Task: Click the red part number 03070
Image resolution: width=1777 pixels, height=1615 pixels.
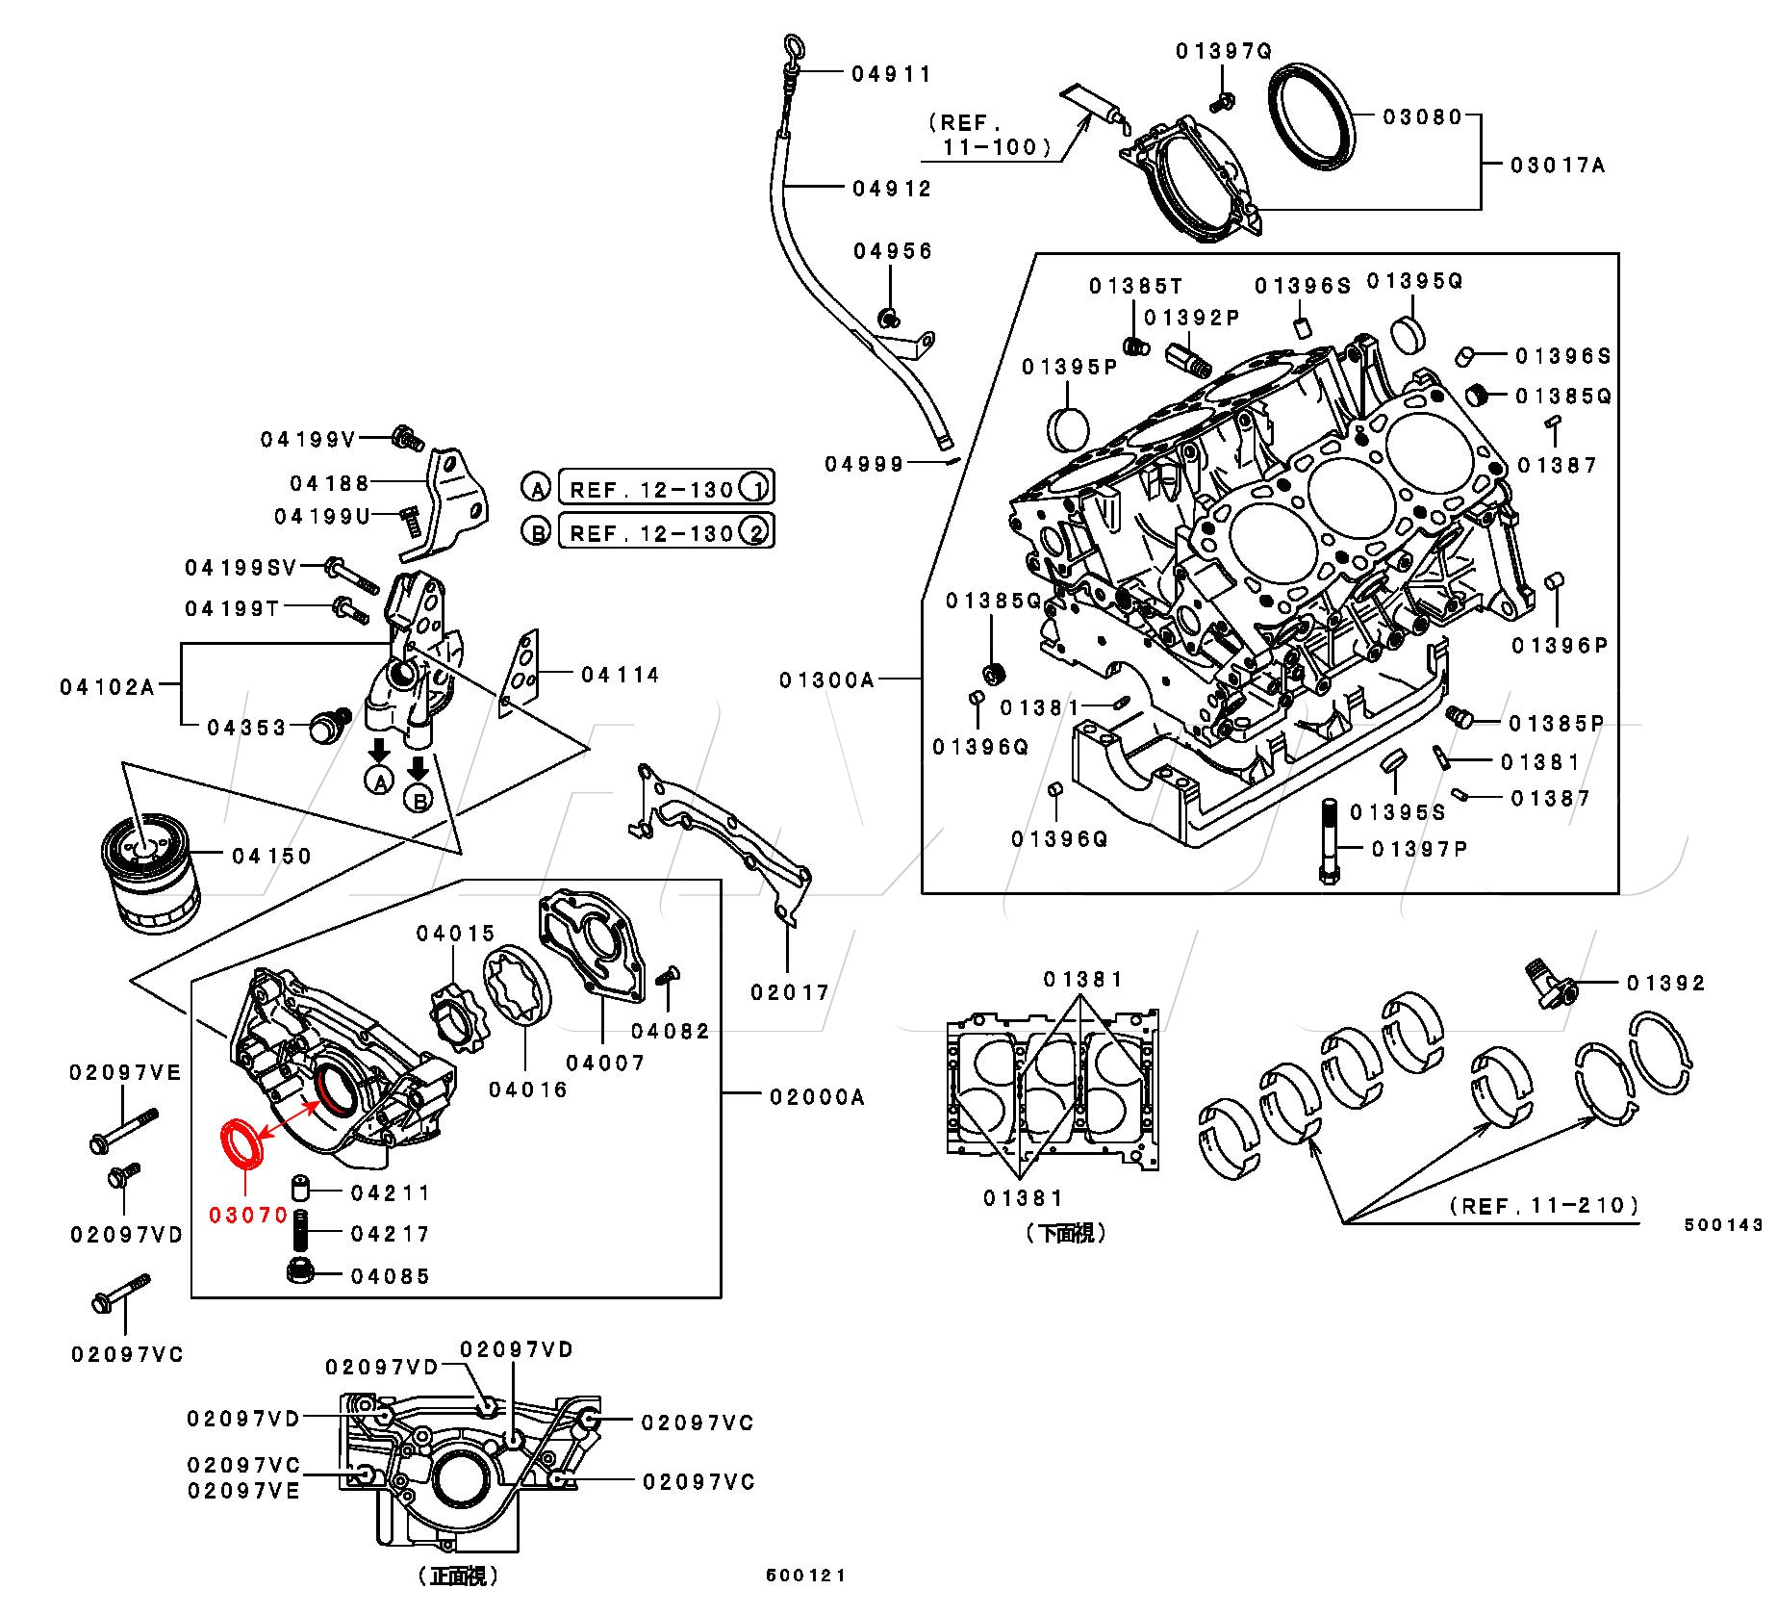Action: click(248, 1215)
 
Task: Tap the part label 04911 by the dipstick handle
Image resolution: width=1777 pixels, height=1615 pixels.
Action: click(891, 74)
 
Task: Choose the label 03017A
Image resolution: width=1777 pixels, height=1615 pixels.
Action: click(1558, 166)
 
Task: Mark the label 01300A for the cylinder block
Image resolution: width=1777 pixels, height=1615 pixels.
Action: click(826, 680)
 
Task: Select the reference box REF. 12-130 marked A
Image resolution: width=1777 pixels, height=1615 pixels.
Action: click(665, 488)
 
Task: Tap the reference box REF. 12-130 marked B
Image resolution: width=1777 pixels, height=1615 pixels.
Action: click(665, 531)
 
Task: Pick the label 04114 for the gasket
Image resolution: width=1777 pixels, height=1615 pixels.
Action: click(620, 675)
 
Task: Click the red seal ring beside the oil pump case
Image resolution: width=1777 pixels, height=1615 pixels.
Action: click(241, 1143)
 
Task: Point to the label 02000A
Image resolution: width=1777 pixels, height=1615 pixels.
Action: click(817, 1096)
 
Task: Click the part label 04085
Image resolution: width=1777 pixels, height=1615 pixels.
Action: click(390, 1276)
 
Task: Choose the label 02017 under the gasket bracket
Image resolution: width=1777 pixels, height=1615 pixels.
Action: click(789, 991)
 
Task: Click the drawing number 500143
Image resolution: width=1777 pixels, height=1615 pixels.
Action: click(1723, 1224)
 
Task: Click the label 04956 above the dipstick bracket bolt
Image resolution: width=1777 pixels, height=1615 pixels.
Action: click(893, 251)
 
